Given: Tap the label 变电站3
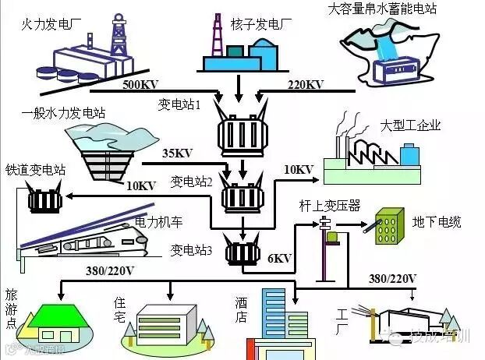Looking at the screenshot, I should (x=192, y=251).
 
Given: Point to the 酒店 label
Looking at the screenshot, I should (x=241, y=309).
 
